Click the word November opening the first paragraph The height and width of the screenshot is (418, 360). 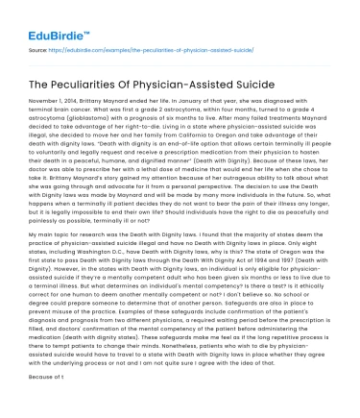(x=43, y=100)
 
